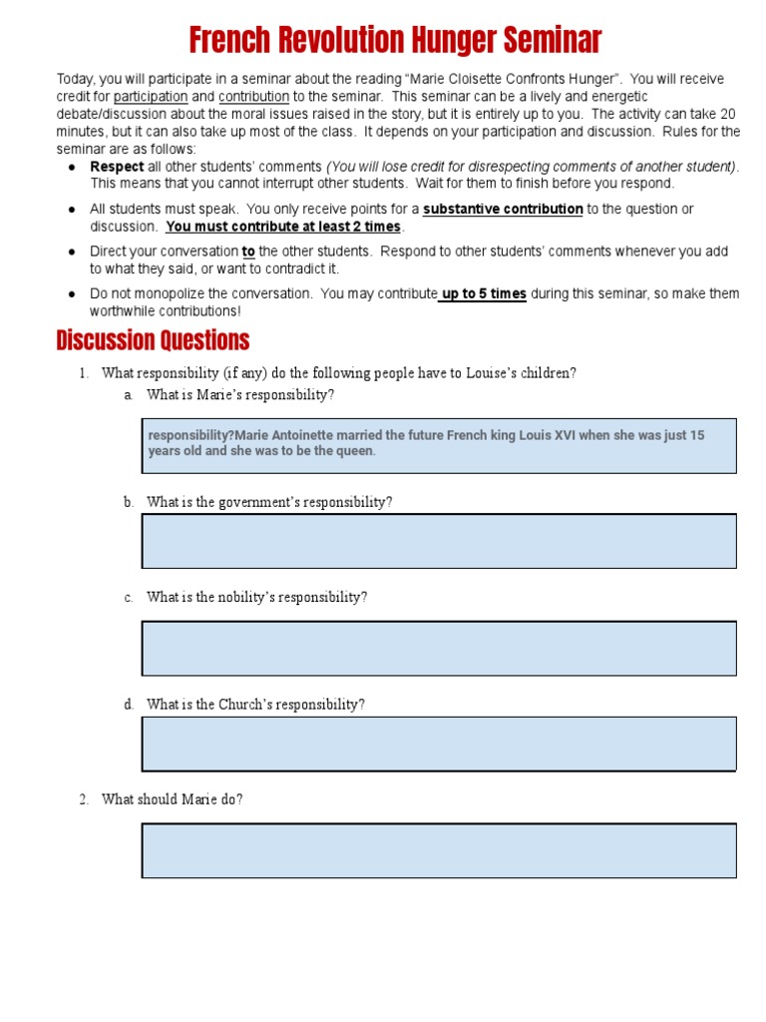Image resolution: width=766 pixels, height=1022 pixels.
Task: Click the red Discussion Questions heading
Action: tap(153, 341)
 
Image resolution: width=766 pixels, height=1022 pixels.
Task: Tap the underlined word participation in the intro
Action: tap(151, 97)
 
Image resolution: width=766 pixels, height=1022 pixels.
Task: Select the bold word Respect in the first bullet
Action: tap(117, 167)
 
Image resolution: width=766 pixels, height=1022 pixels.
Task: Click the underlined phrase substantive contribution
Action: tap(503, 210)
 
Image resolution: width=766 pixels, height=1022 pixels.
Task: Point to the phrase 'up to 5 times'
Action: tap(484, 293)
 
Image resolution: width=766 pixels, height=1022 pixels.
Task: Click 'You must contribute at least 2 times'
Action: tap(283, 227)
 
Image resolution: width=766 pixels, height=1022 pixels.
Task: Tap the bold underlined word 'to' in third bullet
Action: tap(248, 252)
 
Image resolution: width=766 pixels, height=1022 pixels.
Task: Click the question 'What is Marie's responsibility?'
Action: tap(240, 395)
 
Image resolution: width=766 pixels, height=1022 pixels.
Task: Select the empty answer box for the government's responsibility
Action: tap(439, 541)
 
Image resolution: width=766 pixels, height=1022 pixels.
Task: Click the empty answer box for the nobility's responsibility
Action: tap(439, 648)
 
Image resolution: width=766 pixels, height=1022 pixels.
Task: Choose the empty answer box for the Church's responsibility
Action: tap(439, 744)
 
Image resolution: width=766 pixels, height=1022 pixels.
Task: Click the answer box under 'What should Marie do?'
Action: tap(439, 850)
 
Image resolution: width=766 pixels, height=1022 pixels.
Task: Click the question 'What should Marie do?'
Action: tap(173, 799)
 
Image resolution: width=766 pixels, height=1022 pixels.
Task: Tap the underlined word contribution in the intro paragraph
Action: tap(253, 97)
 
